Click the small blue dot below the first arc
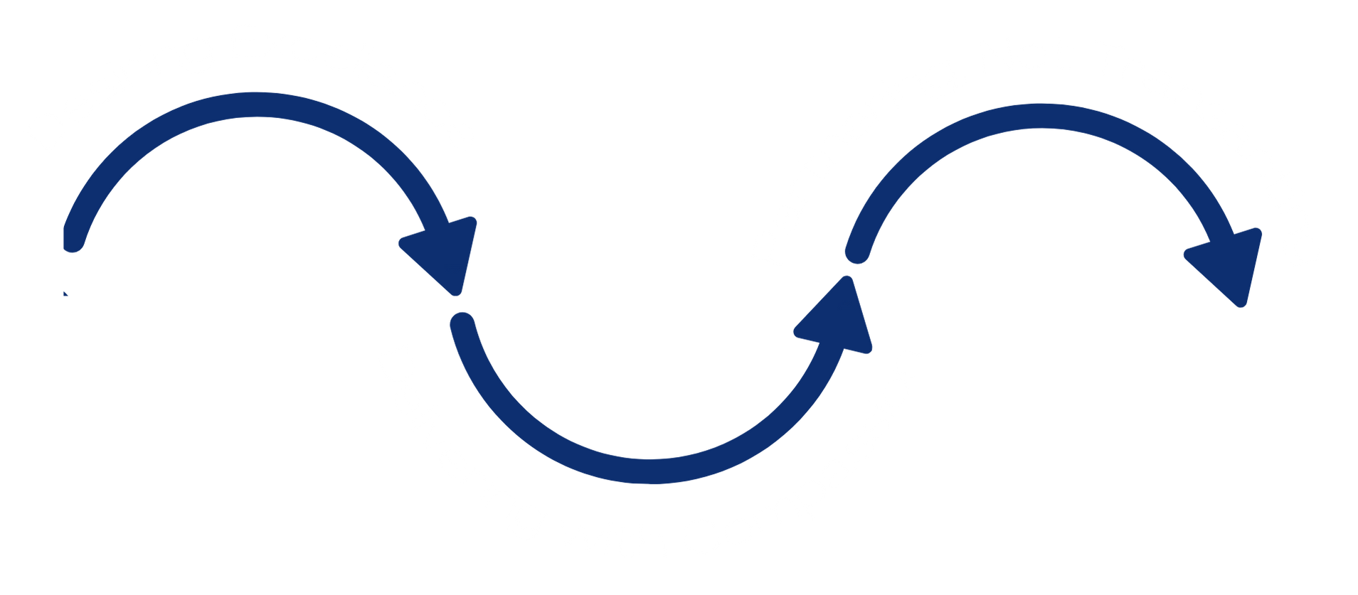click(65, 293)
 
